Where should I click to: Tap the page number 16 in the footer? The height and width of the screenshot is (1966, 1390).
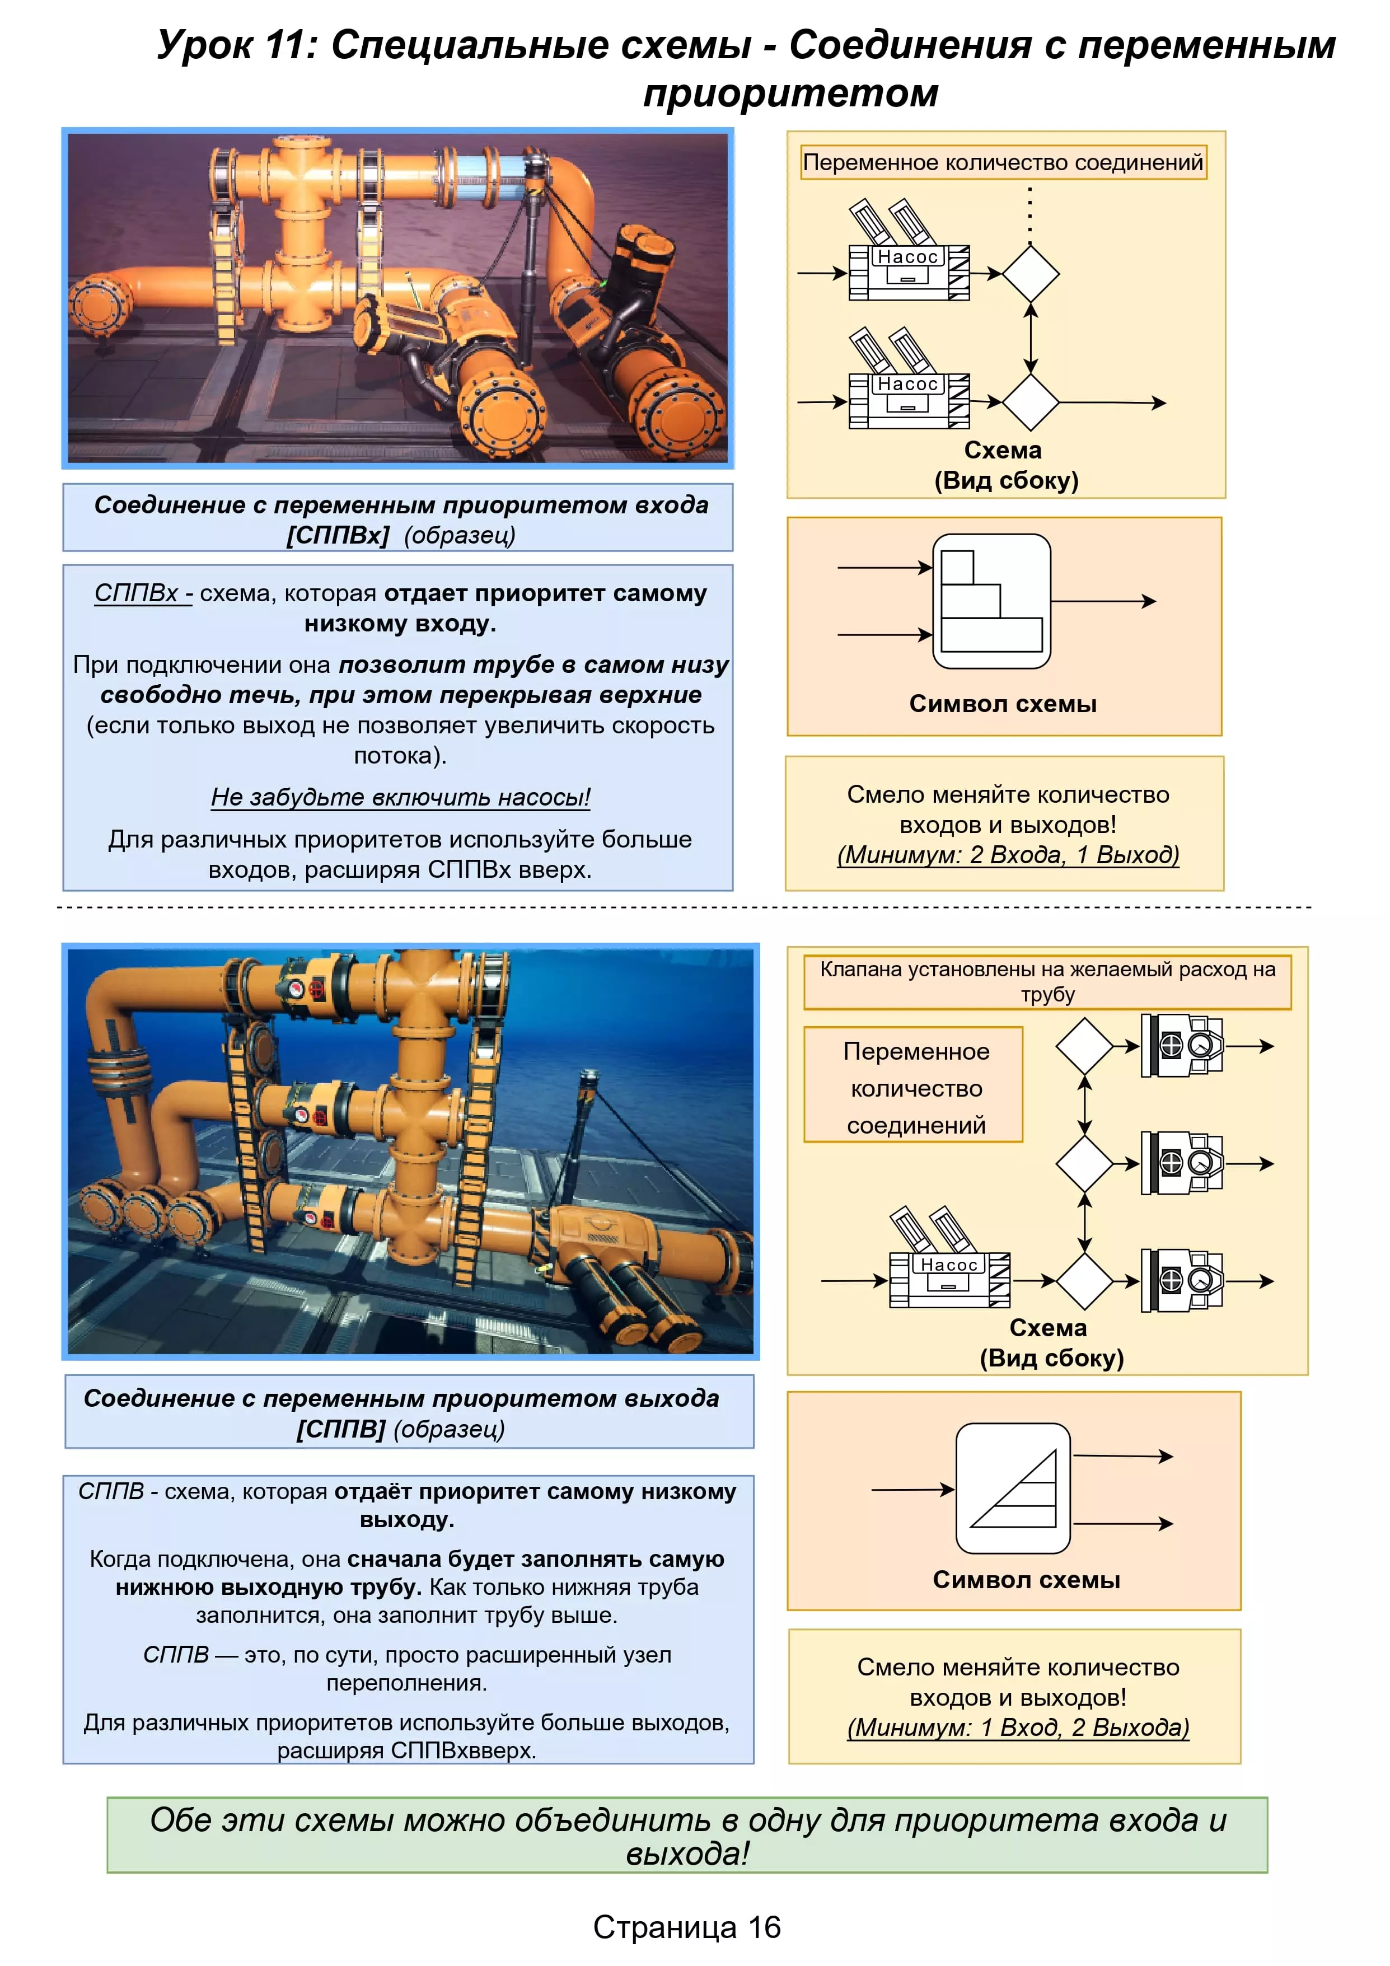point(764,1927)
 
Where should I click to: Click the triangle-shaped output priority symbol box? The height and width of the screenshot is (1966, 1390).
point(1013,1488)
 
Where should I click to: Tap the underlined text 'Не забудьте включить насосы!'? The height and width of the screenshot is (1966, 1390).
point(401,797)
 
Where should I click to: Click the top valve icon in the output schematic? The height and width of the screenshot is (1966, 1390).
point(1183,1046)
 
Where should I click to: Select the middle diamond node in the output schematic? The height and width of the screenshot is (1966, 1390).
point(1084,1164)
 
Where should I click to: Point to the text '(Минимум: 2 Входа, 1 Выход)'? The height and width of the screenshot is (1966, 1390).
point(1008,855)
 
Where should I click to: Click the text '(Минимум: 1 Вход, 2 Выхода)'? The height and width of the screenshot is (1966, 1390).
point(1018,1727)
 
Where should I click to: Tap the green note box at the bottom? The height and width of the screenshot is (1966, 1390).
point(687,1835)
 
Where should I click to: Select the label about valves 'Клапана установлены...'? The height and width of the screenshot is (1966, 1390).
point(1047,981)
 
